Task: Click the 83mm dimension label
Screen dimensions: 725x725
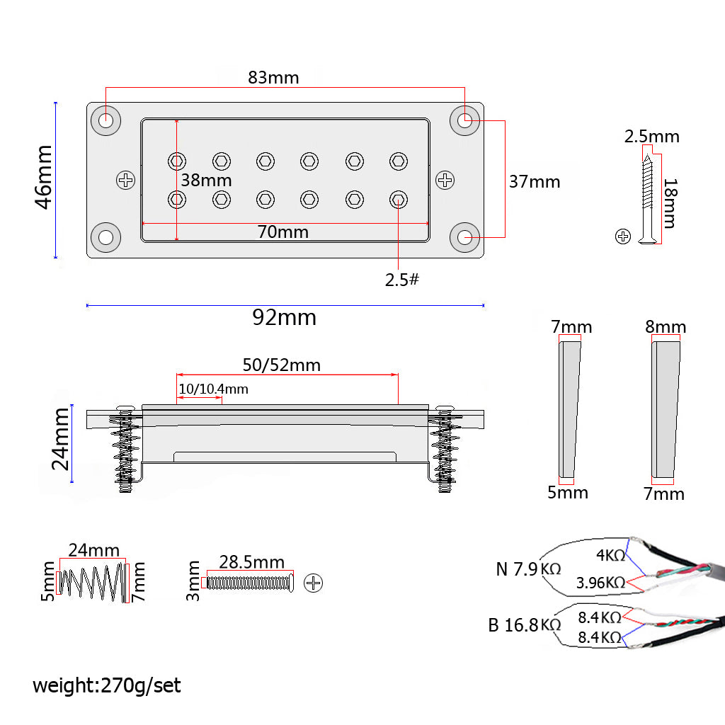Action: (273, 78)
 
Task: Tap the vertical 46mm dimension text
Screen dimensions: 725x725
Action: (44, 177)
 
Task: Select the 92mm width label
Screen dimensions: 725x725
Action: (284, 318)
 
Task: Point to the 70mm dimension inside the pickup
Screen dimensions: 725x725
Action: (283, 232)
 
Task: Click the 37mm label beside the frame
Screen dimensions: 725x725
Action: (535, 182)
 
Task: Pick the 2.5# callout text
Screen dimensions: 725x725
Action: (402, 280)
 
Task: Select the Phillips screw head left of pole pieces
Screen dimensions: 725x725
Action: (126, 181)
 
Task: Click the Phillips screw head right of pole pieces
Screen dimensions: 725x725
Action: (445, 181)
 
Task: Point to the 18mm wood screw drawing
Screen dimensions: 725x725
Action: (649, 197)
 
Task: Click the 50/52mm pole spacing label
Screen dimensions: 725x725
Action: (282, 365)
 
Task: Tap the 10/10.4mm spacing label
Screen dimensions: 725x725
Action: (213, 389)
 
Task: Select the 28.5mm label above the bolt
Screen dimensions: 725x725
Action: (251, 563)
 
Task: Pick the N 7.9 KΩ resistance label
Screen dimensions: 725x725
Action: (528, 569)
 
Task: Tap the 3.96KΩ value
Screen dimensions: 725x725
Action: (600, 583)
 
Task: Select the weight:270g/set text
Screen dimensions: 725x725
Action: (107, 685)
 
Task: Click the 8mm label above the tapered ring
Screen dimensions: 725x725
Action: (666, 327)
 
